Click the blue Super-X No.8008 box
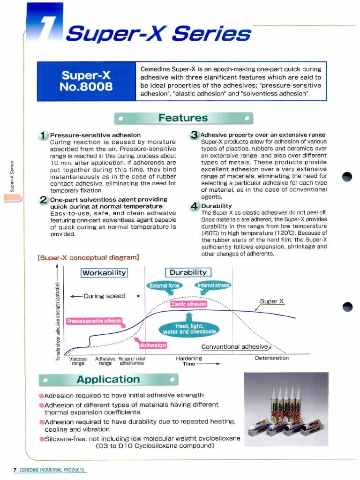point(86,81)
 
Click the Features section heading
point(183,118)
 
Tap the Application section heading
point(108,379)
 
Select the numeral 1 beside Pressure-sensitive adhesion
point(44,136)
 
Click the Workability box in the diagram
point(105,273)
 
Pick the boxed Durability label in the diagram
point(188,272)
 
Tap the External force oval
point(165,285)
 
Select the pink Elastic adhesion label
point(188,304)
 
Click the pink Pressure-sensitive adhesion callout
point(94,321)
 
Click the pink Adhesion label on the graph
point(153,345)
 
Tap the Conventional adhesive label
point(234,347)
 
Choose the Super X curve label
point(272,301)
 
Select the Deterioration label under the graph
point(272,358)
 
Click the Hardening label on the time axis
point(189,358)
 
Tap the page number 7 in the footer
point(15,469)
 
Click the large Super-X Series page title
point(158,34)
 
